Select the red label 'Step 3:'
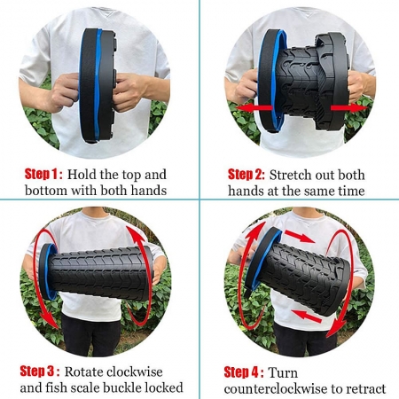click(40, 372)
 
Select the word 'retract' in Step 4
click(365, 388)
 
